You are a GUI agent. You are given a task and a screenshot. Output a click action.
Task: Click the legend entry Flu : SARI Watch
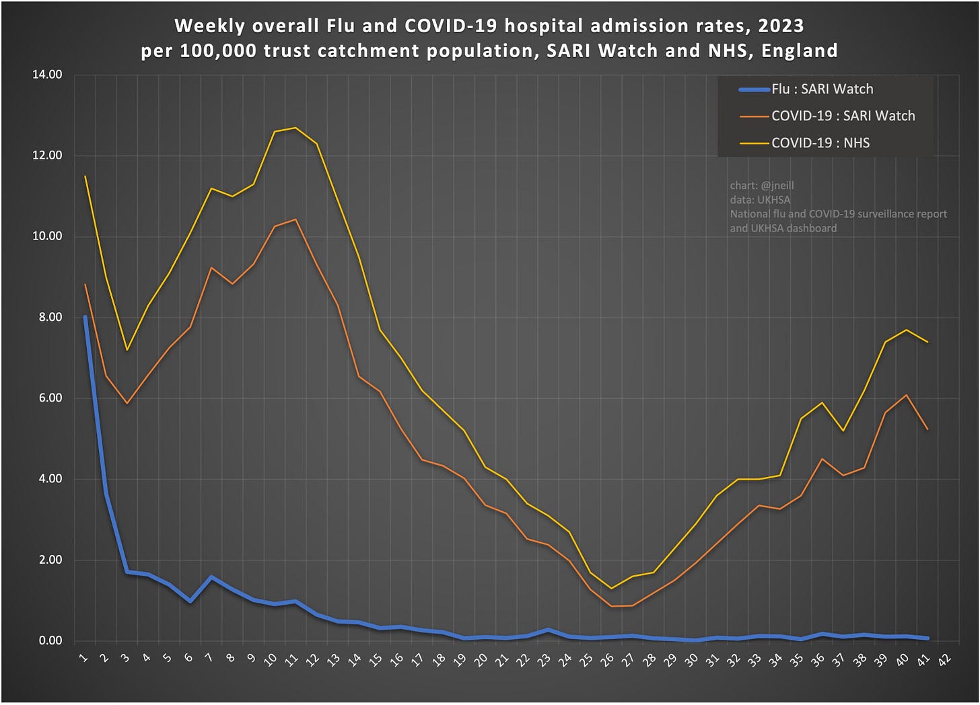821,89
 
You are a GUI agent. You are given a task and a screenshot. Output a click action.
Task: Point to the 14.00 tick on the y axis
47,75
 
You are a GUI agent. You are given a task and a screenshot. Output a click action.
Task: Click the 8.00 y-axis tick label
47,317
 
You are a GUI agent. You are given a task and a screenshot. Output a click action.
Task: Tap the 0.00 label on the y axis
47,640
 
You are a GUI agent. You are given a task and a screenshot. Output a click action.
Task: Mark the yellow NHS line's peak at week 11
295,128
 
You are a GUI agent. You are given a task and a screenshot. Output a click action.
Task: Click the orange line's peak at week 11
295,219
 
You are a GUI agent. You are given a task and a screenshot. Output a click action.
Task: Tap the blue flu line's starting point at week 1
85,317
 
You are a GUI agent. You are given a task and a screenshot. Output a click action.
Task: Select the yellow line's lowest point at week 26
611,589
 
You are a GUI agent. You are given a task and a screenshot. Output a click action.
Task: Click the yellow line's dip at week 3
127,350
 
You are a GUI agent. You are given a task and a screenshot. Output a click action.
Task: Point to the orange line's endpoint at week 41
928,429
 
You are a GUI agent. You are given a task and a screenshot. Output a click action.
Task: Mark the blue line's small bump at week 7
211,577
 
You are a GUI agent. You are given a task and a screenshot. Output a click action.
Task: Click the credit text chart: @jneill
762,186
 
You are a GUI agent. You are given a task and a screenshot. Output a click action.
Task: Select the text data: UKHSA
760,200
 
